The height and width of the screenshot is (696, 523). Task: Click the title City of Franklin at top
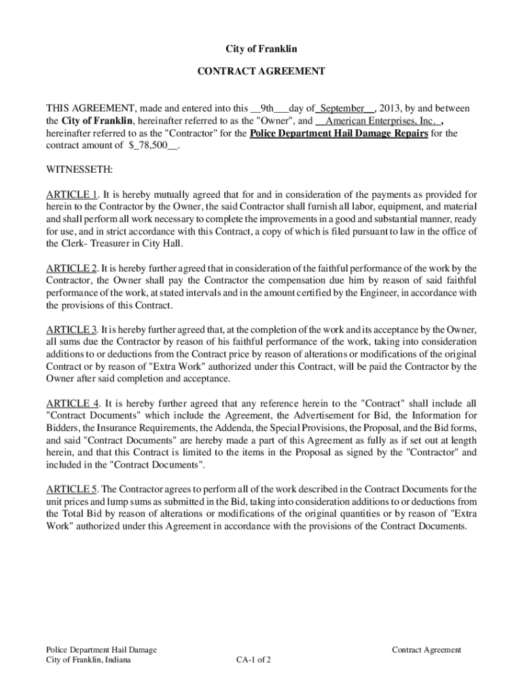[261, 50]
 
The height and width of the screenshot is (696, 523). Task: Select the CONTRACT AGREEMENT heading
[261, 71]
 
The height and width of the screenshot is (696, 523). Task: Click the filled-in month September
[342, 109]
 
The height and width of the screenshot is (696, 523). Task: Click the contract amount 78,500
[149, 145]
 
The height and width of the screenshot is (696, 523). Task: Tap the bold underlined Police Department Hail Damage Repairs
[338, 133]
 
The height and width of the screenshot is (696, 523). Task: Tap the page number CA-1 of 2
[254, 660]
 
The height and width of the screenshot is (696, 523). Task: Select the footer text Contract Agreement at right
[427, 650]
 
